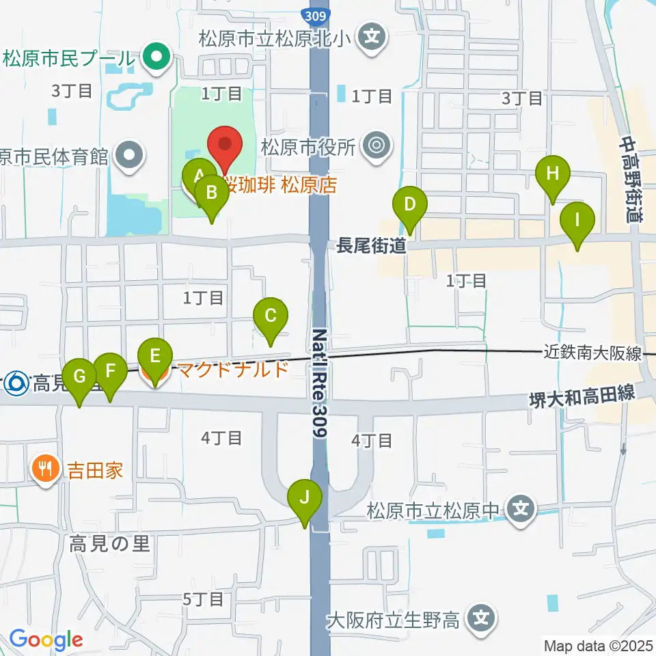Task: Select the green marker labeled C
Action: [271, 316]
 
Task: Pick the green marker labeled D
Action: [409, 204]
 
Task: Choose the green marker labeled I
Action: [577, 221]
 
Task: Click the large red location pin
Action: [226, 145]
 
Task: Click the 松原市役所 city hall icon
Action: [374, 145]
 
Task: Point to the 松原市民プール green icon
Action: [156, 57]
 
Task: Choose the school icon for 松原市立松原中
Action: [521, 508]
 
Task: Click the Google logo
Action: [46, 640]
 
